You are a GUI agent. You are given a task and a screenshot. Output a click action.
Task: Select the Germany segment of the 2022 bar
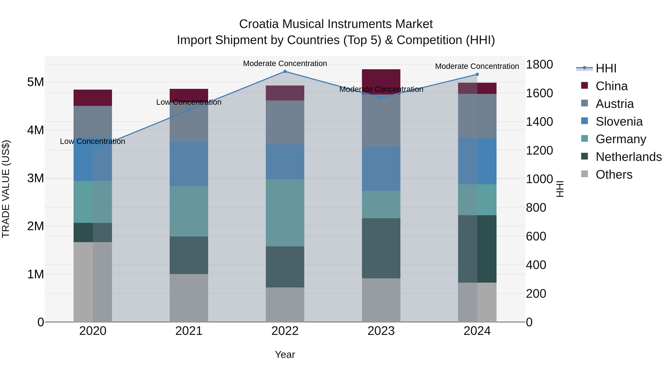pos(285,213)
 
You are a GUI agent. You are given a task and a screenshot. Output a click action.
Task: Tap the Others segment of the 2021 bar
pos(189,298)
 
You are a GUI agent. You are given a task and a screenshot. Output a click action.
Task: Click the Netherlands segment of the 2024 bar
pos(477,249)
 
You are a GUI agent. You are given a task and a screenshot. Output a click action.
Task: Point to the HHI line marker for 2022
pos(285,71)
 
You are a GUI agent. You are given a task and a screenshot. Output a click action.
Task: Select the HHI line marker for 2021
pos(189,110)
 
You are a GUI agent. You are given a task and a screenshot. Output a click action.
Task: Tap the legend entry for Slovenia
pos(619,122)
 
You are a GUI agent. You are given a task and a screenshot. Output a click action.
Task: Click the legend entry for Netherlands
pos(628,157)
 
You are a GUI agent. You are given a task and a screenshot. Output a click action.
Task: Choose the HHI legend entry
pos(606,68)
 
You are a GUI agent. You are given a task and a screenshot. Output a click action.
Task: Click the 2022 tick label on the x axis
pos(285,331)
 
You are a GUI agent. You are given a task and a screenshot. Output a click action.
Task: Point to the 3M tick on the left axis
pos(35,178)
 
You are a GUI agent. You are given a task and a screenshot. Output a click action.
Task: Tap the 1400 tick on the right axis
pos(539,122)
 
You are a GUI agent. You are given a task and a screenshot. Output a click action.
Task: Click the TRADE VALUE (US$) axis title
pos(6,189)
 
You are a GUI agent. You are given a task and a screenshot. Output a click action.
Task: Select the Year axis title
pos(285,354)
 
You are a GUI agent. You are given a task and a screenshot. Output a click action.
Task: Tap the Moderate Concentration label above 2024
pos(477,66)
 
